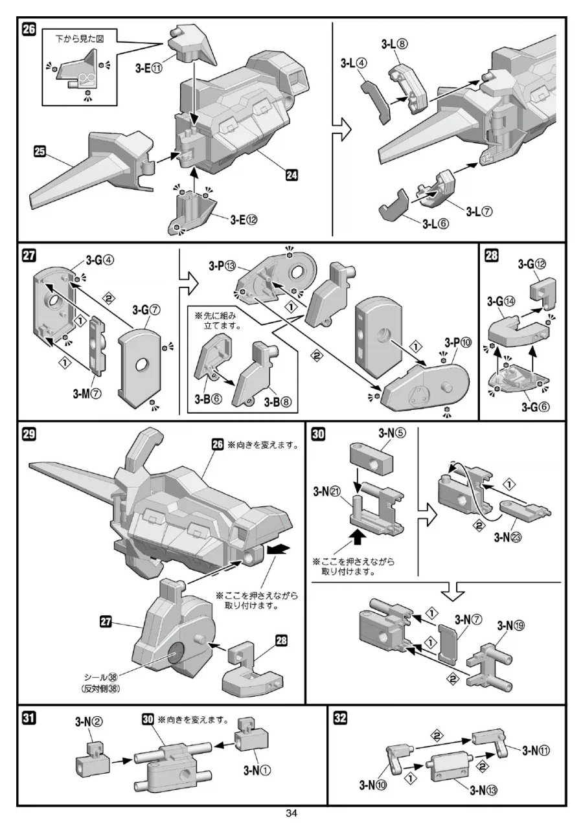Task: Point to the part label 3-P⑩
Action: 457,343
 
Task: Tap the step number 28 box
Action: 492,255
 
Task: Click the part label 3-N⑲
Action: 511,626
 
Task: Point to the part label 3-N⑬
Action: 484,788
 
